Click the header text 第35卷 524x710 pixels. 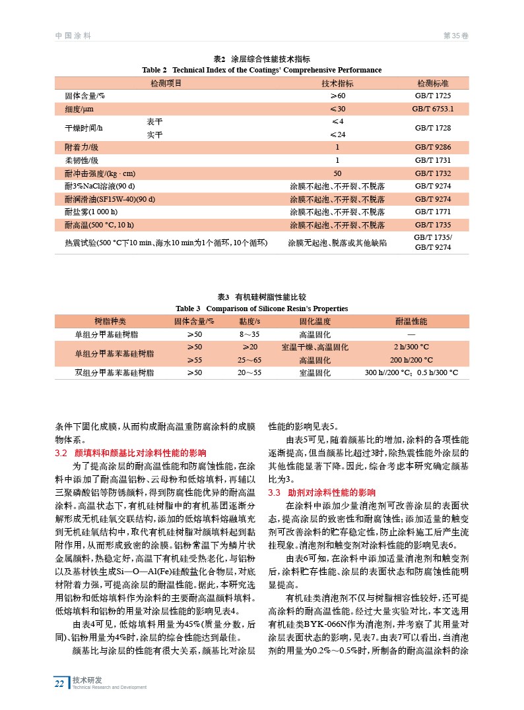click(x=456, y=34)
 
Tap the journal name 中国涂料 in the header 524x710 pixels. click(x=73, y=34)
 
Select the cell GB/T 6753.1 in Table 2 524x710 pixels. click(x=433, y=109)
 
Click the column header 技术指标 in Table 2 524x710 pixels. click(x=337, y=84)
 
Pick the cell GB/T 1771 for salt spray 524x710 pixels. click(x=433, y=212)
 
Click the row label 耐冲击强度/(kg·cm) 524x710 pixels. click(x=100, y=173)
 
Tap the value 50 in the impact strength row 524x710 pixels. click(x=337, y=173)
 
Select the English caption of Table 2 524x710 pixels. click(x=262, y=70)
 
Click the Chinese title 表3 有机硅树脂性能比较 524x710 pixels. click(x=262, y=297)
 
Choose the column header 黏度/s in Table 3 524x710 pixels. click(x=249, y=321)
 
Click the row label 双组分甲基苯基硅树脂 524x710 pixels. click(x=115, y=372)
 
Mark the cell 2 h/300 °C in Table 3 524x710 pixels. click(x=411, y=347)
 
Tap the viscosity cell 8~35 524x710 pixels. click(x=249, y=334)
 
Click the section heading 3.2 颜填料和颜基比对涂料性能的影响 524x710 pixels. click(x=131, y=453)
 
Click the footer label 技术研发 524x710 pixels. click(x=84, y=680)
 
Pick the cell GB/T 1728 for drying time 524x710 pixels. click(x=433, y=128)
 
